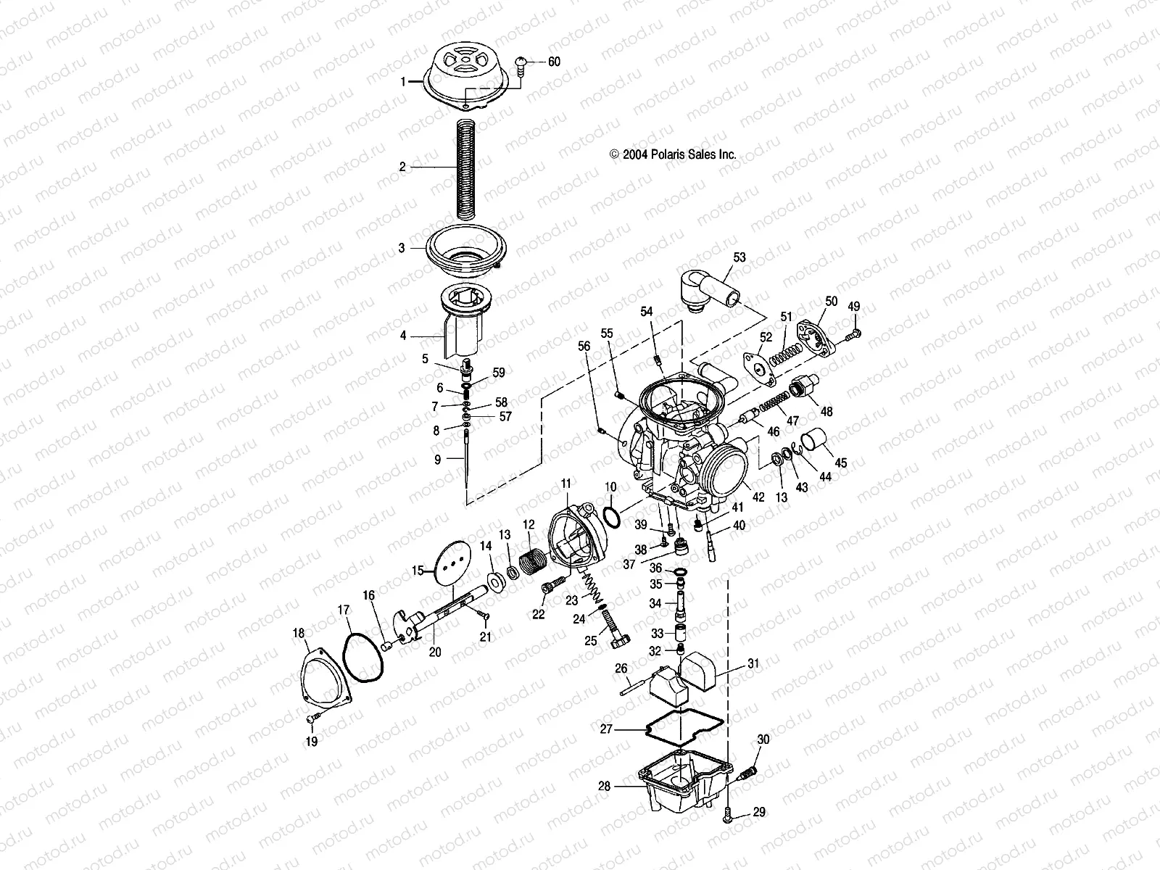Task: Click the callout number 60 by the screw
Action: point(553,62)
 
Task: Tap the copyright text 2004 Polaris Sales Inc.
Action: point(673,154)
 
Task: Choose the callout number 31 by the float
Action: point(753,664)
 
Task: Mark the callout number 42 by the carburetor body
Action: point(758,497)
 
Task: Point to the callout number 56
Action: point(584,347)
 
